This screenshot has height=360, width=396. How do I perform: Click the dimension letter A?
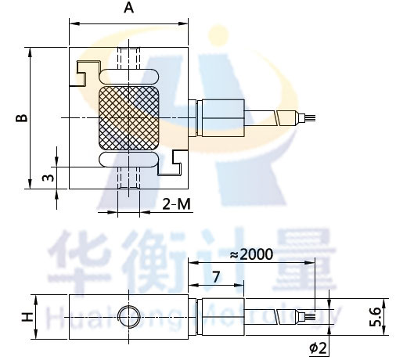coord(128,8)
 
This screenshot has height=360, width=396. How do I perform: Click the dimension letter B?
coord(22,118)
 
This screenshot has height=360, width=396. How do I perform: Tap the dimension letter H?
coord(27,317)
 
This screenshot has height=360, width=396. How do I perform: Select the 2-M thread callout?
coord(176,204)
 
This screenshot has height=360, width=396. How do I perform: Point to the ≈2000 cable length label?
coord(252,254)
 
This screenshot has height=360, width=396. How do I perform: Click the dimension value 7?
coord(216,277)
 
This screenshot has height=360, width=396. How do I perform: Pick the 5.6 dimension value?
coord(375,317)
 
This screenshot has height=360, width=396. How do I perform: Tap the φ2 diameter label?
coord(318,347)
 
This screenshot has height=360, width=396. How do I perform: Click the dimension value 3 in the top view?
coord(49,178)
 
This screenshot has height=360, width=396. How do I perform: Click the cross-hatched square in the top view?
coord(129,118)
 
